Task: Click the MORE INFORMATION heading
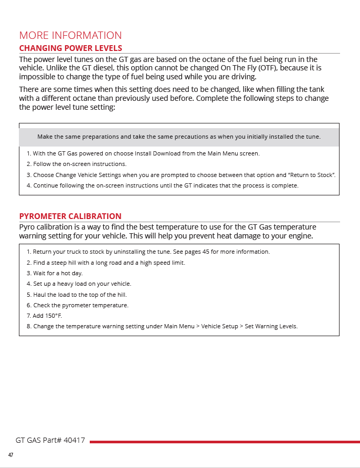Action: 70,35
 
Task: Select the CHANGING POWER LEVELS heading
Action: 70,48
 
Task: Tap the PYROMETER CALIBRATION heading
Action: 70,216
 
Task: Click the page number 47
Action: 10,454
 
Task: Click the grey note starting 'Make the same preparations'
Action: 179,137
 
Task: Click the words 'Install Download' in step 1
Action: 157,153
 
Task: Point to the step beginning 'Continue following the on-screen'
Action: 162,185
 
